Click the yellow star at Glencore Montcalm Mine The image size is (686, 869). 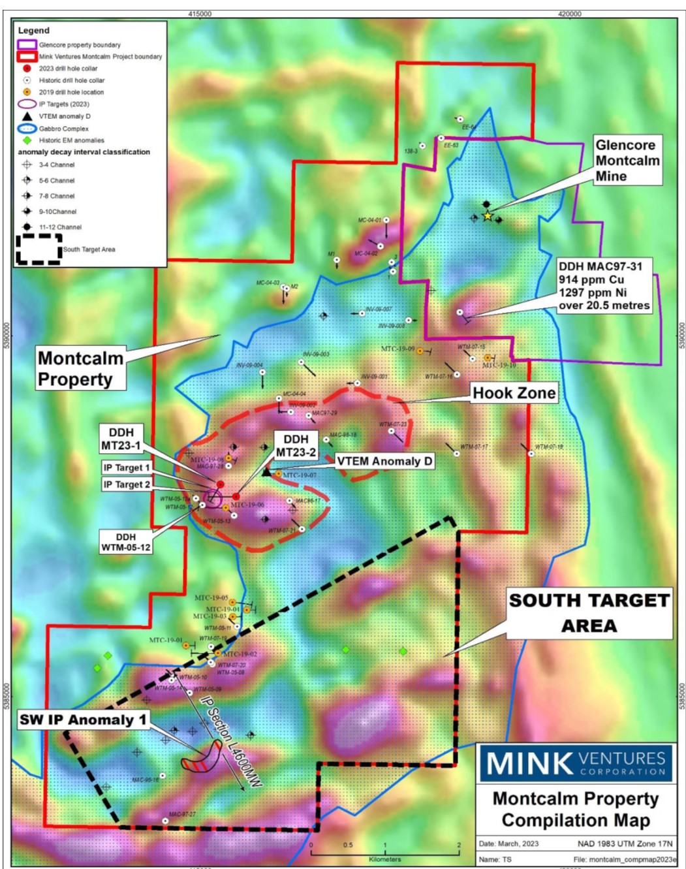[487, 216]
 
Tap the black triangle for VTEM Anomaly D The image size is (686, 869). [266, 471]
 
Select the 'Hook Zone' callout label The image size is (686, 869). [514, 393]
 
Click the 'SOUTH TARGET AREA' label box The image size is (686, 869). [589, 613]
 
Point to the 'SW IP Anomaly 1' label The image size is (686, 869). [83, 719]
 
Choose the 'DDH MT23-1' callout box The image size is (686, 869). [121, 439]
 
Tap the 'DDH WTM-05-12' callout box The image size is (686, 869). [126, 542]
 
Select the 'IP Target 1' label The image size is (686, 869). [127, 467]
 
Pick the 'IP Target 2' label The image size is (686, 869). [127, 484]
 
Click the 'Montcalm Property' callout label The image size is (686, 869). [80, 369]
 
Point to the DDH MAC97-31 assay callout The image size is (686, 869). [604, 286]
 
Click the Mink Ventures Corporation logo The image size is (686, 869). [575, 763]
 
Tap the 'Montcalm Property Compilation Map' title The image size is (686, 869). [576, 809]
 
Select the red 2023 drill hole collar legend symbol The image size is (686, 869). [27, 69]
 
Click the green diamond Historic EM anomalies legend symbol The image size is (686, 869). [27, 140]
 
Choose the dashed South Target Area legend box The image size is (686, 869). [39, 249]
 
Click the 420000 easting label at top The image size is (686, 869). [569, 14]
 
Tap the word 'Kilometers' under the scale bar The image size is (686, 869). [384, 859]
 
